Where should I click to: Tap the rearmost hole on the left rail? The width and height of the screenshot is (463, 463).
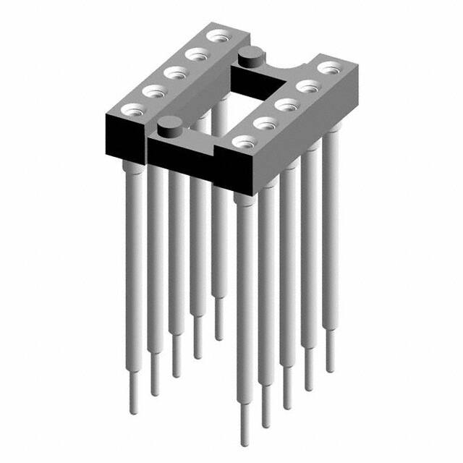coord(215,35)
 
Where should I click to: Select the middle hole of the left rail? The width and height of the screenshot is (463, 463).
coord(174,72)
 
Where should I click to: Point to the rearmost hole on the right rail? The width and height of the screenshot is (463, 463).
coord(329,67)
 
